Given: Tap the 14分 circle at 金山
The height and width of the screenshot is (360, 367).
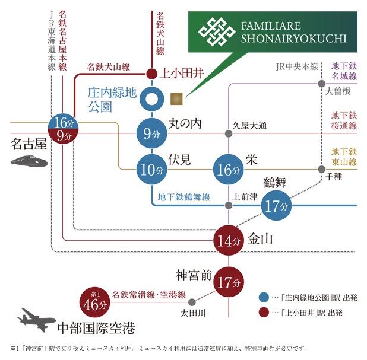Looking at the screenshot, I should (229, 241).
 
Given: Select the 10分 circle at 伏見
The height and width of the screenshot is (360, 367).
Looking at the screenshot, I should (151, 169).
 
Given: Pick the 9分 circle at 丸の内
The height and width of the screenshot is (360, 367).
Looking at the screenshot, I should (151, 133).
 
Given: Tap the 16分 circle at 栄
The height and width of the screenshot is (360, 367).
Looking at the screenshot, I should (229, 169).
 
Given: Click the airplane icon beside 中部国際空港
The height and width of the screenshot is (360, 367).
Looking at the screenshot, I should (37, 318).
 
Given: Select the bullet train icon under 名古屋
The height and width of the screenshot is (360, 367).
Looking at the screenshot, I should (30, 161).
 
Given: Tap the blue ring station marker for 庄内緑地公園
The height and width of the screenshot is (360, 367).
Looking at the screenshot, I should (151, 99).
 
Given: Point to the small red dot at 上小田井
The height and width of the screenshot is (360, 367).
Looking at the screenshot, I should (151, 75).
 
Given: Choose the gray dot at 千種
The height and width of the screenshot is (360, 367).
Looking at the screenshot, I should (321, 168).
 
